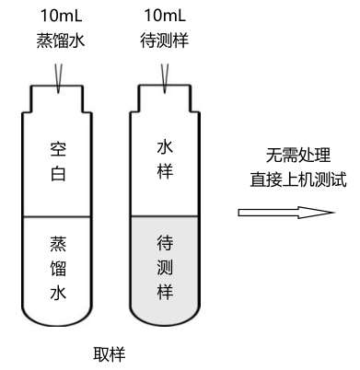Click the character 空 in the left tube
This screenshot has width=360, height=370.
pos(57,147)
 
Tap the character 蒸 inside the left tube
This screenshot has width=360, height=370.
pos(57,244)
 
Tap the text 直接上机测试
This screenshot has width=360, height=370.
pos(298,178)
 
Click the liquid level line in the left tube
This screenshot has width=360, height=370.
pos(57,216)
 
